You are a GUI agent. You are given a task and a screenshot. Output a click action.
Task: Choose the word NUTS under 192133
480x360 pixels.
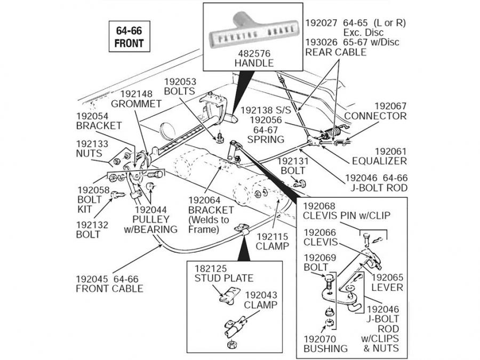click(89, 154)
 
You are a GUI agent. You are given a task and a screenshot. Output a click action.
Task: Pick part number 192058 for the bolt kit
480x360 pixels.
click(93, 190)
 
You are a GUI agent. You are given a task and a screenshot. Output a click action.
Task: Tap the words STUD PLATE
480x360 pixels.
click(223, 278)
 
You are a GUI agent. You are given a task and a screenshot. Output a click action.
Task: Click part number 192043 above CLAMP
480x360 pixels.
click(261, 295)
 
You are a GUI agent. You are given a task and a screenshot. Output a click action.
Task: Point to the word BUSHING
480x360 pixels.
click(325, 348)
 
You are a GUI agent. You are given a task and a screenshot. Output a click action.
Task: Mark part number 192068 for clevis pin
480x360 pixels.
click(321, 206)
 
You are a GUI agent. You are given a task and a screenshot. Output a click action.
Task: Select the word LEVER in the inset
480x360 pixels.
click(388, 287)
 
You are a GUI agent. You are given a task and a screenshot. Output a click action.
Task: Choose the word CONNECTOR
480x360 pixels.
click(375, 116)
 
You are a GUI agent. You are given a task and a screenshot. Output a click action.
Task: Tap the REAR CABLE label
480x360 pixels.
click(335, 52)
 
